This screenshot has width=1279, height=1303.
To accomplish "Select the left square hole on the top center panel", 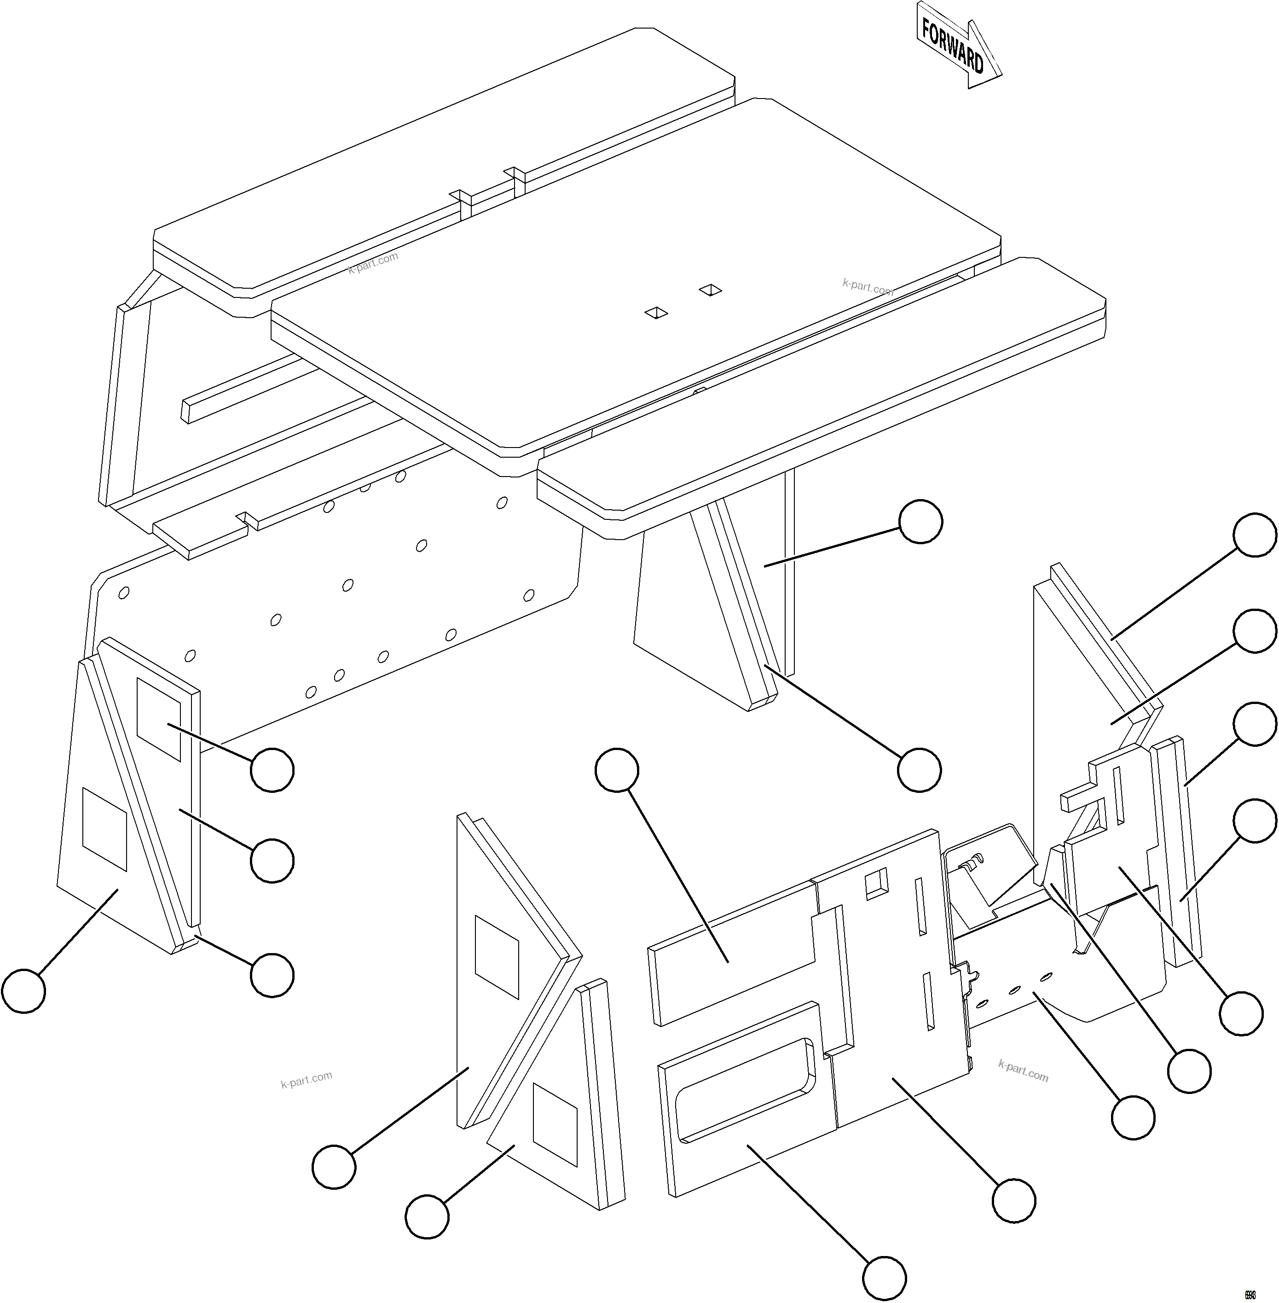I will click(656, 313).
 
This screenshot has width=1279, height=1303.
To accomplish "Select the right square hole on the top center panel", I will click(710, 290).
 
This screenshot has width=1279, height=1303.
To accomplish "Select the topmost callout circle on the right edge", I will click(1254, 535).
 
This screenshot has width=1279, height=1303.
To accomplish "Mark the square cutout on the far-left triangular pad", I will click(104, 829).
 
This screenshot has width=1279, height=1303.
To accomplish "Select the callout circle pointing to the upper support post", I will click(920, 521).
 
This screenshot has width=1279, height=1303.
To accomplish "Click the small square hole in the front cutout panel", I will click(876, 882).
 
